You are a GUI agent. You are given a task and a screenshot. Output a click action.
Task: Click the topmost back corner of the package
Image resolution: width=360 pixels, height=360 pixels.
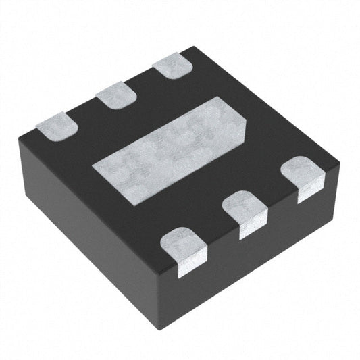pos(192,47)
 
